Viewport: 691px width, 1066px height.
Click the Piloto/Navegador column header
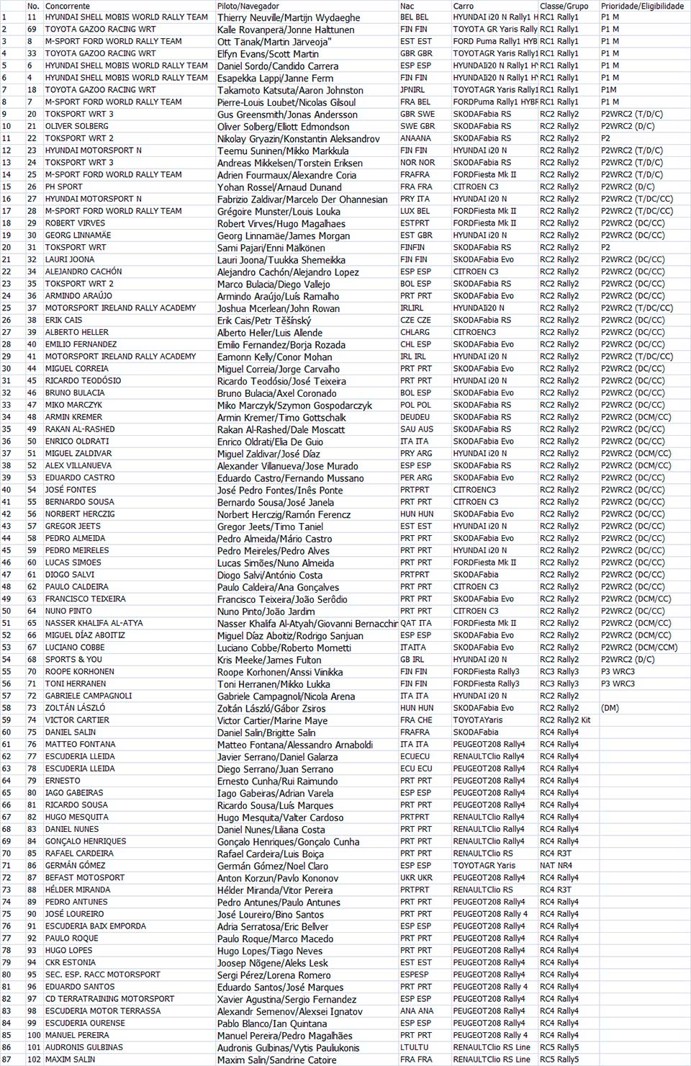pyautogui.click(x=248, y=6)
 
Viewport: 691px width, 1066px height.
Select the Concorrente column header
pyautogui.click(x=68, y=6)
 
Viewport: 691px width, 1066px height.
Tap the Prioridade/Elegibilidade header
pyautogui.click(x=642, y=6)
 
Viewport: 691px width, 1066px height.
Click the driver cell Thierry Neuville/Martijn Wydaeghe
pyautogui.click(x=289, y=17)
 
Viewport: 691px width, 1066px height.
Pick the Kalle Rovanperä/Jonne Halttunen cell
pyautogui.click(x=286, y=30)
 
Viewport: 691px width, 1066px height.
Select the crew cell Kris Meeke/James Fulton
pyautogui.click(x=269, y=660)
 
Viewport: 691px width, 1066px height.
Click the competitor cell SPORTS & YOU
pyautogui.click(x=73, y=659)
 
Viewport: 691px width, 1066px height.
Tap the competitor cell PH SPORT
pyautogui.click(x=64, y=187)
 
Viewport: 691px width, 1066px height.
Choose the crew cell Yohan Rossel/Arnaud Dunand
pyautogui.click(x=279, y=187)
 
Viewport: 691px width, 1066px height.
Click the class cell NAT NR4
pyautogui.click(x=556, y=865)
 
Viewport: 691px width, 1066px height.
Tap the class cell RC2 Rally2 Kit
pyautogui.click(x=565, y=720)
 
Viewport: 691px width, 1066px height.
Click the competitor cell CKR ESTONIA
pyautogui.click(x=71, y=962)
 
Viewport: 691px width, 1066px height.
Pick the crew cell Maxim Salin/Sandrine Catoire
pyautogui.click(x=276, y=1060)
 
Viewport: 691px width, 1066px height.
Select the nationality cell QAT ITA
pyautogui.click(x=416, y=623)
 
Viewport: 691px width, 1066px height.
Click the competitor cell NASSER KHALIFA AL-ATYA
pyautogui.click(x=94, y=623)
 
